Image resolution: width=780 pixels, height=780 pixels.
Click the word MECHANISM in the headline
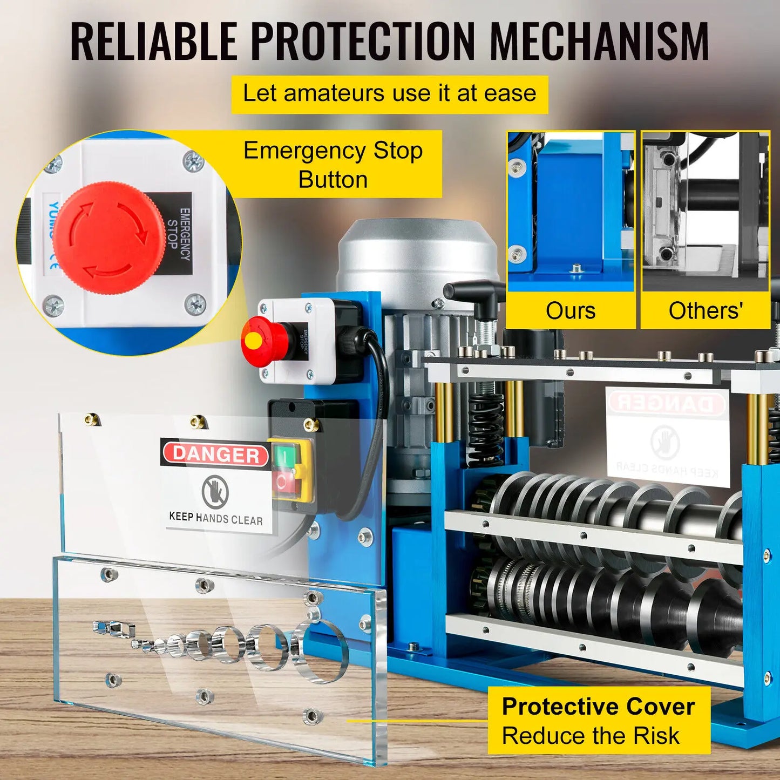pyautogui.click(x=599, y=42)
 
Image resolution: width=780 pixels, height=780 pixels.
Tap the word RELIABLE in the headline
pyautogui.click(x=154, y=42)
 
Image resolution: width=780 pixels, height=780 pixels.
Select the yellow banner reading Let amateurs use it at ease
pyautogui.click(x=389, y=94)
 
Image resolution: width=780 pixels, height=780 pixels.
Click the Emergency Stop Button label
pyautogui.click(x=333, y=165)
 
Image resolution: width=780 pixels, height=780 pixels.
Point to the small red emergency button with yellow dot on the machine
pyautogui.click(x=257, y=341)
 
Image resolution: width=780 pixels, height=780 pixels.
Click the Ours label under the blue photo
pyautogui.click(x=570, y=311)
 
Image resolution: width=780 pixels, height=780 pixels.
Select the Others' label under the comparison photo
pyautogui.click(x=705, y=311)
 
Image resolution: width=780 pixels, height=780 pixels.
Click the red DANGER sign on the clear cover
pyautogui.click(x=216, y=455)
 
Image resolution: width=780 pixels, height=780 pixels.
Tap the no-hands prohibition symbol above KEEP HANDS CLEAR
pyautogui.click(x=215, y=491)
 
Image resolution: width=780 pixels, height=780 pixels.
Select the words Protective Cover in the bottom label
pyautogui.click(x=598, y=707)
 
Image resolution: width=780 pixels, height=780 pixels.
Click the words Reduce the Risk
pyautogui.click(x=591, y=736)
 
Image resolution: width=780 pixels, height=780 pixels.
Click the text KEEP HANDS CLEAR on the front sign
pyautogui.click(x=216, y=519)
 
